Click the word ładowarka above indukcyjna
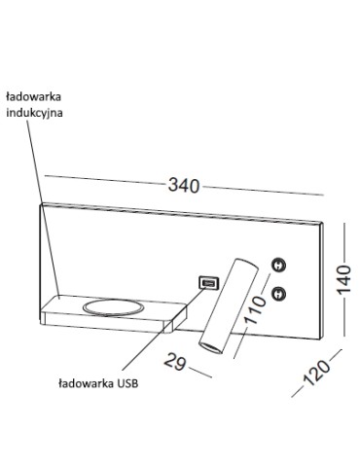click(39, 95)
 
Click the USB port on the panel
click(207, 283)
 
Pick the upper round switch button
click(279, 265)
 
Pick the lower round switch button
click(279, 293)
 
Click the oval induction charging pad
click(114, 308)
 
